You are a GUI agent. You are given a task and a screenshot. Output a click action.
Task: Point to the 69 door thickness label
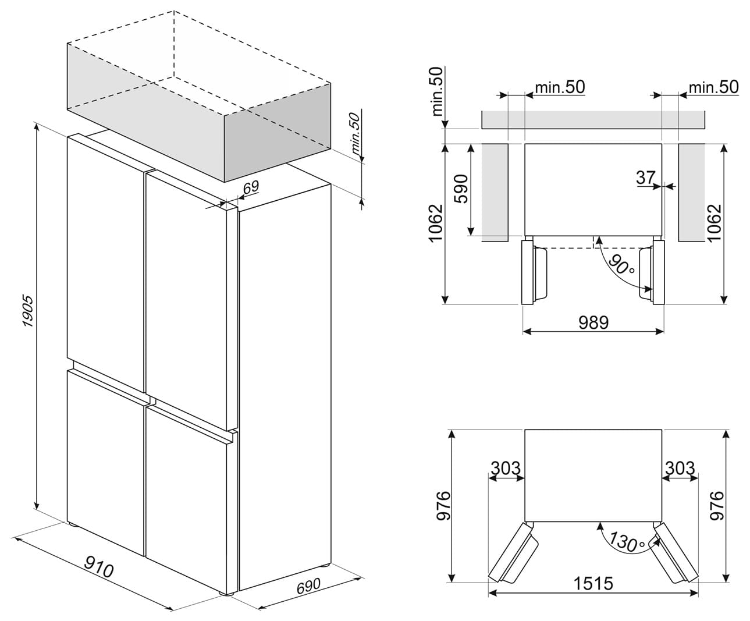point(251,186)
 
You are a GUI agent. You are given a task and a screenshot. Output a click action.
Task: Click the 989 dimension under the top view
point(593,322)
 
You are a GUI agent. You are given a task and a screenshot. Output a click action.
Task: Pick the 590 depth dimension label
point(462,189)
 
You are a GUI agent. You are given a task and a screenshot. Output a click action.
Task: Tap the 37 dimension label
point(645,177)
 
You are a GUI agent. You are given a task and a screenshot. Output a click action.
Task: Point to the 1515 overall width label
point(593,584)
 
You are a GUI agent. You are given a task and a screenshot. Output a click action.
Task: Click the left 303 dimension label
point(506,468)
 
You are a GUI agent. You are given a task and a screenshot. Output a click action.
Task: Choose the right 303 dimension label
point(680,468)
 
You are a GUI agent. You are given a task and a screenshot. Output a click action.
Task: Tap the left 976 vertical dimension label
point(443,506)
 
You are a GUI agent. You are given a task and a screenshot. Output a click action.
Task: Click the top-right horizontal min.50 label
point(713,87)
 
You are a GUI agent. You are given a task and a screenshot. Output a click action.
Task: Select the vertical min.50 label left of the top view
point(437,91)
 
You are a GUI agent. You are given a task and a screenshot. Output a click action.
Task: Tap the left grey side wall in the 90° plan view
point(495,193)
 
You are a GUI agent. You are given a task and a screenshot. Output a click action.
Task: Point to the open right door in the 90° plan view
point(652,272)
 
